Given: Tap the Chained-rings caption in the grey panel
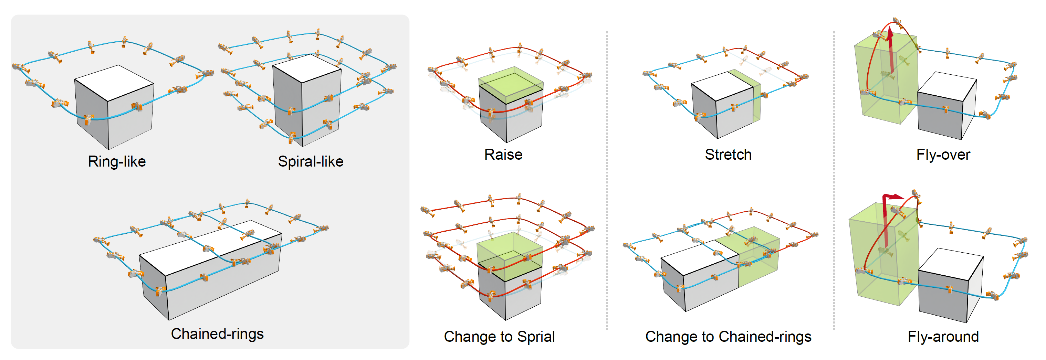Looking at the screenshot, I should click(x=217, y=334).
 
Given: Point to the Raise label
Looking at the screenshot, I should click(x=503, y=155).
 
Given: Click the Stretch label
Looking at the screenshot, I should click(x=728, y=155).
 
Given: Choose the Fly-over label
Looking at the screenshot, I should click(x=943, y=155).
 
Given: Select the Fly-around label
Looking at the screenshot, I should click(x=943, y=337).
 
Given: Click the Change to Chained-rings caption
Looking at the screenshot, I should click(x=728, y=337).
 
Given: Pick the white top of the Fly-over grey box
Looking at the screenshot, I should click(x=947, y=86).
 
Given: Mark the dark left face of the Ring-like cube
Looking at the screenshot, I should click(x=91, y=114).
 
